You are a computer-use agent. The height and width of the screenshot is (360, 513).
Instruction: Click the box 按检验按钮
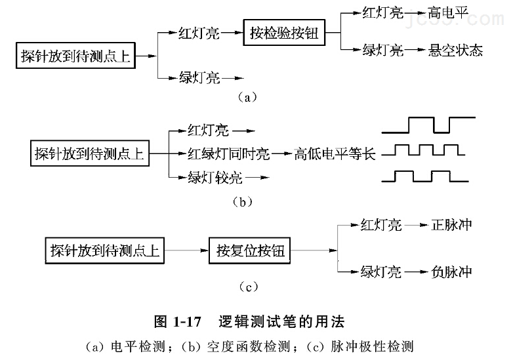[284, 32]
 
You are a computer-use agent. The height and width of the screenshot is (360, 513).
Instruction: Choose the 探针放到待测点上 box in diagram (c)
[105, 250]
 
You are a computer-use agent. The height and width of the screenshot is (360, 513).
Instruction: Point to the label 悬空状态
[455, 50]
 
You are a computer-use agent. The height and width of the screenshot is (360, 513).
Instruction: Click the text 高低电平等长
[335, 155]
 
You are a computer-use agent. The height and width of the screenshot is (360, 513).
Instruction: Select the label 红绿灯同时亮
[229, 155]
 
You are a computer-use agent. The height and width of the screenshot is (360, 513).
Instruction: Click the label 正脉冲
[452, 226]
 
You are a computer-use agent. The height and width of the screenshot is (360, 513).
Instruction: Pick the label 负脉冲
[452, 271]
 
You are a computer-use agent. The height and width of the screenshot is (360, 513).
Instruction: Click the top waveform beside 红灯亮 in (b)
[429, 124]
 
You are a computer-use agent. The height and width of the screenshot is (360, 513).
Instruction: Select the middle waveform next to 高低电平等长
[424, 150]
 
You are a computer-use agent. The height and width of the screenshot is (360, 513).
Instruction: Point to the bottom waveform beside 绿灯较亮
[424, 176]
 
